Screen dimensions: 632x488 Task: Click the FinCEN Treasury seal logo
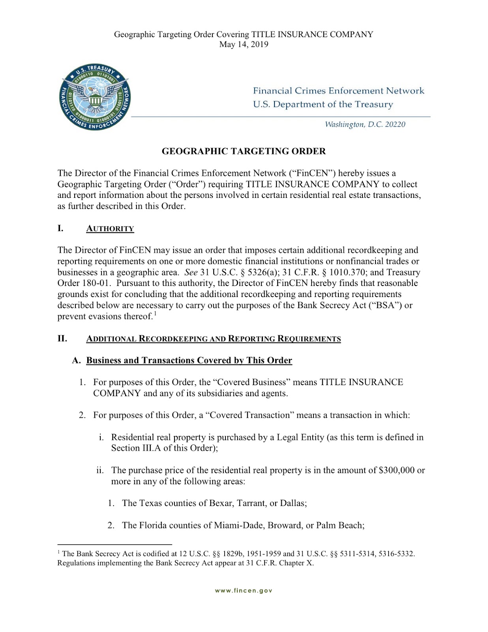[94, 97]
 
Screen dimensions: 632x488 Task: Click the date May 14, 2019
[244, 44]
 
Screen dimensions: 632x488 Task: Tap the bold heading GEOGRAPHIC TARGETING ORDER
[244, 151]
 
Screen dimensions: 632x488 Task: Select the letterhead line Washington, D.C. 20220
[365, 125]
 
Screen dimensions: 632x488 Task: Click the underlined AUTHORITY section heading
[110, 229]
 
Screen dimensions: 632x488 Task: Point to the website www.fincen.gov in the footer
[244, 591]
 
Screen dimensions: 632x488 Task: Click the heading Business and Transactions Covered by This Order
[189, 360]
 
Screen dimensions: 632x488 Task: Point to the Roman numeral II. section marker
[62, 339]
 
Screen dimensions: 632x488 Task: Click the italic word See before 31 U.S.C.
[191, 272]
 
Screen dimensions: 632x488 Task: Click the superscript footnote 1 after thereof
[156, 314]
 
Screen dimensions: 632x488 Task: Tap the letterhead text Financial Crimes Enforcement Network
[338, 91]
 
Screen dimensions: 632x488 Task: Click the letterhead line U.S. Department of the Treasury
[323, 105]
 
